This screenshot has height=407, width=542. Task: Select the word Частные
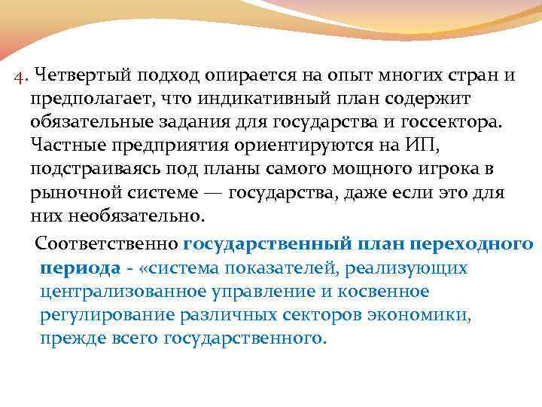[x=65, y=146]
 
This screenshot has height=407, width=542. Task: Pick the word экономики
[x=425, y=314]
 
